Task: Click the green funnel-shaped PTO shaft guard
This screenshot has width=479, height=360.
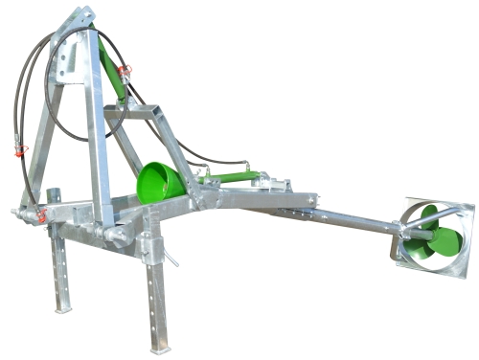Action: tap(160, 182)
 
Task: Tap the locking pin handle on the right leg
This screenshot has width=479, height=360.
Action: tap(171, 258)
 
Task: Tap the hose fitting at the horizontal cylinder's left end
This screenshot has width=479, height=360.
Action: tap(203, 178)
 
